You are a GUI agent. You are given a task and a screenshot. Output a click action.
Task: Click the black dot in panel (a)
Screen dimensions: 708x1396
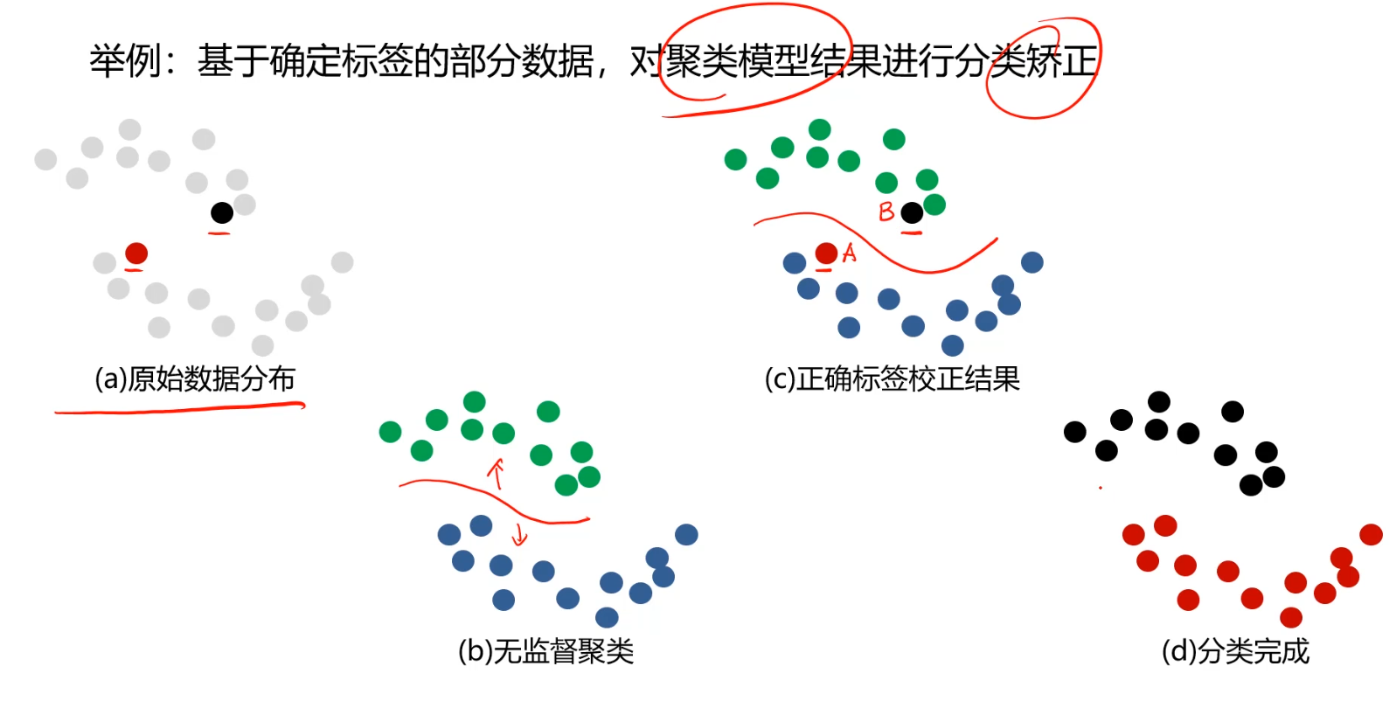[222, 212]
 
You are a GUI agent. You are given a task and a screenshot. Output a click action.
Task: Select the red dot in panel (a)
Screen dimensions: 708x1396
[136, 253]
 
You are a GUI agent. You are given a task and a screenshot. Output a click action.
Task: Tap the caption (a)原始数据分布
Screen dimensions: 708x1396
[195, 379]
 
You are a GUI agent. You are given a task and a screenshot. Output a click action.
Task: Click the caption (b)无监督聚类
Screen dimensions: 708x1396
[545, 651]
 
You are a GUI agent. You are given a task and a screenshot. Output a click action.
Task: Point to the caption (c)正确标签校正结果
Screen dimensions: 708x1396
[892, 379]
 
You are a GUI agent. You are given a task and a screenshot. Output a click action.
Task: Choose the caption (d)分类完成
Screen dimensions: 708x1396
[1234, 651]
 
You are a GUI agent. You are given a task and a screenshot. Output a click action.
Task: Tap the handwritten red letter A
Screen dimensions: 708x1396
[849, 253]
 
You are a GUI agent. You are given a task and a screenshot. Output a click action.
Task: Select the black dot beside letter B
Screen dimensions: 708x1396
[912, 212]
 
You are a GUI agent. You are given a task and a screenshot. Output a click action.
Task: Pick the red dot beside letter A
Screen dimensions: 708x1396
[826, 253]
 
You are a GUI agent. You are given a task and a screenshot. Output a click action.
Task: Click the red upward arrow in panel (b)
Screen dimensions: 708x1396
[497, 473]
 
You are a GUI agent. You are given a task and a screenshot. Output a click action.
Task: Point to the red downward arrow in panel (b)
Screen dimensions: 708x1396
[520, 533]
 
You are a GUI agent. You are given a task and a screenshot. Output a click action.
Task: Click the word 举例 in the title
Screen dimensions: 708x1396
[125, 61]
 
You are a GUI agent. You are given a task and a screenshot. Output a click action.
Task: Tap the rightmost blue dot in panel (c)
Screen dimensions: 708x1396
[1031, 262]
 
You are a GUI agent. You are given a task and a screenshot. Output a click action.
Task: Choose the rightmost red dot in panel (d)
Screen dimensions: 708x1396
[1371, 534]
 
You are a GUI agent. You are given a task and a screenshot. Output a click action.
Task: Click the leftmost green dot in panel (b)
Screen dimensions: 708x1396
[390, 432]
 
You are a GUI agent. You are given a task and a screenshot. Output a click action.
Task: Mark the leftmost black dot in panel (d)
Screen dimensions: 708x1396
[1074, 432]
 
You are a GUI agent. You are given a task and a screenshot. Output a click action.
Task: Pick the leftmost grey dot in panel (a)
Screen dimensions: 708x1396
[45, 159]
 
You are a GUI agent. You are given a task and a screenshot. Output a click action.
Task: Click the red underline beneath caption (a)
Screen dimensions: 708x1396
[179, 408]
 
